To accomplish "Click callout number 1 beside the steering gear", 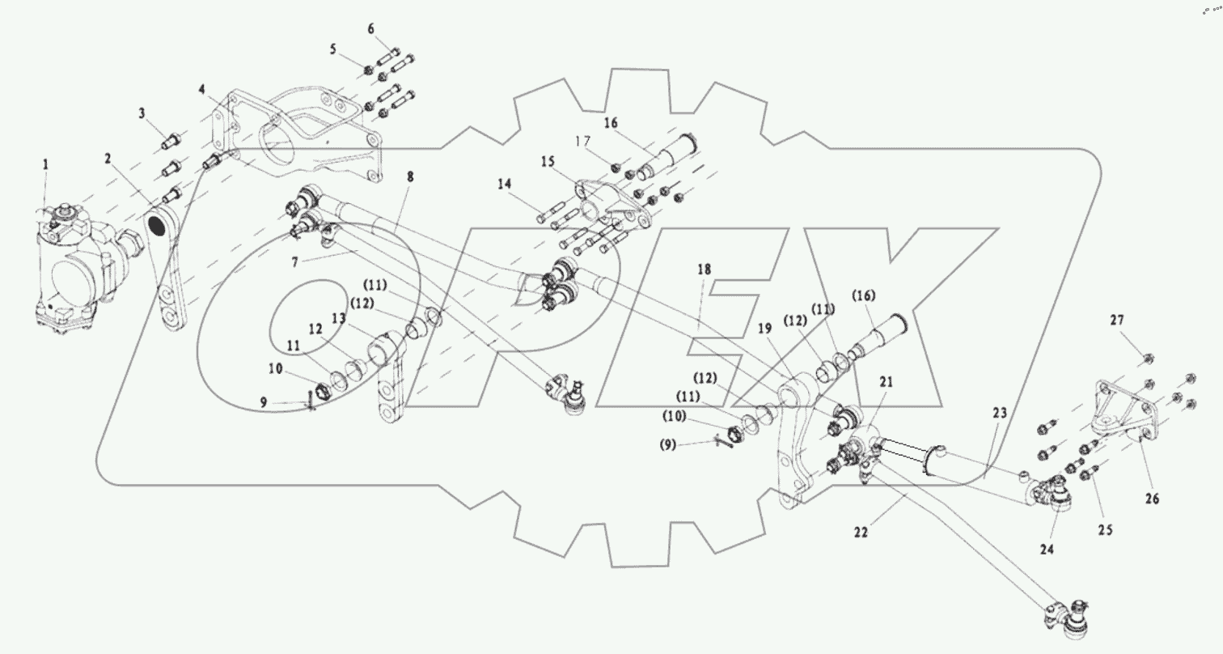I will click(x=45, y=164).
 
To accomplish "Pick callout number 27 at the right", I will click(x=1117, y=321).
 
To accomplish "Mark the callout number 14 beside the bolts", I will click(x=505, y=185).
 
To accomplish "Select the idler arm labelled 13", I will click(x=388, y=380).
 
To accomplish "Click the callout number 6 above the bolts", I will click(x=371, y=30).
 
